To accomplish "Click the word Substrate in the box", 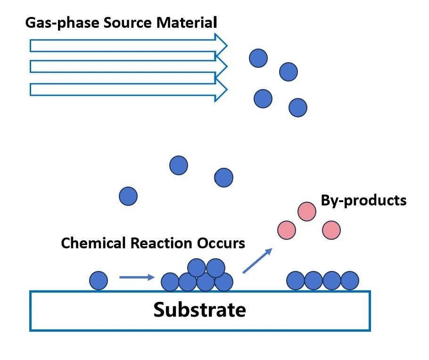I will click(199, 310).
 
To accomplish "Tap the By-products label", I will click(363, 200).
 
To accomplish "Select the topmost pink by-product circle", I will click(306, 211).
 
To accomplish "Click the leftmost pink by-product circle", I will click(286, 230).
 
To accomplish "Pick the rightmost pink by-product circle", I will click(331, 230).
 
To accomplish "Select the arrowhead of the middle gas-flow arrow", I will click(221, 66).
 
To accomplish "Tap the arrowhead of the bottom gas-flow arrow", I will click(221, 89).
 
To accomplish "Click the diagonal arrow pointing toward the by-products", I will click(257, 261).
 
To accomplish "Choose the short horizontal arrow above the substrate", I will click(137, 277).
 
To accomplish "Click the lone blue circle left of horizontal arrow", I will click(99, 280).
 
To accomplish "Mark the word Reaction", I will click(156, 244).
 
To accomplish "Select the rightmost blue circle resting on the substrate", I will click(350, 280).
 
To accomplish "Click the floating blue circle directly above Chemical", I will click(128, 196).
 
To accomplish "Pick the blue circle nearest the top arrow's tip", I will click(258, 58).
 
